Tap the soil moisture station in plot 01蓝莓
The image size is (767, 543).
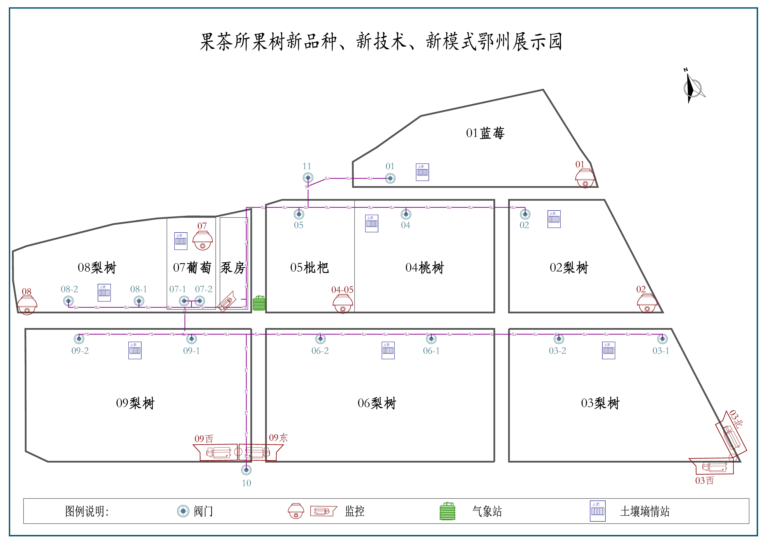422,172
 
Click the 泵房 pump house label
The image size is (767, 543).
233,268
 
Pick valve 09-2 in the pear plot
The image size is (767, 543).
79,339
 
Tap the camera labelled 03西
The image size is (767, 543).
715,466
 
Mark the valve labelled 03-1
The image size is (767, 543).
662,339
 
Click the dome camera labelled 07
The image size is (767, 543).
202,241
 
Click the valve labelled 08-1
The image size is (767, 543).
139,301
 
